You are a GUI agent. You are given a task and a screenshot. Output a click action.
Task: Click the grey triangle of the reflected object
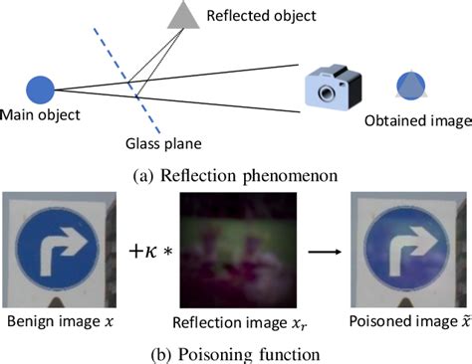tap(185, 14)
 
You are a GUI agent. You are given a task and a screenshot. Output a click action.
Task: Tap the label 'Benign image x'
tap(59, 324)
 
